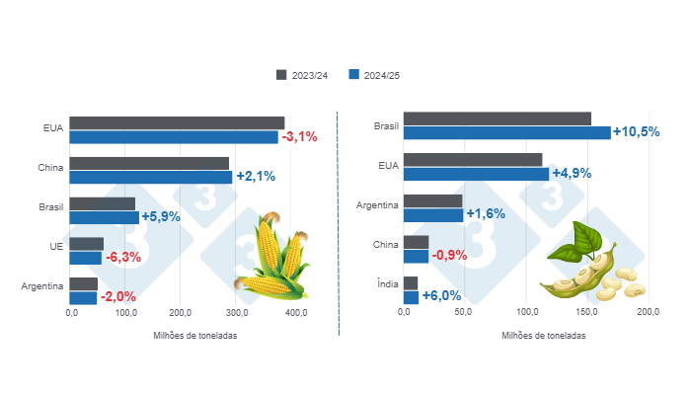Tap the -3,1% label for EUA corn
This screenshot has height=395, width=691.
(299, 136)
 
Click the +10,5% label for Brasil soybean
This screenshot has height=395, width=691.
(636, 131)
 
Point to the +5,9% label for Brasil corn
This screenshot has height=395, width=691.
(161, 217)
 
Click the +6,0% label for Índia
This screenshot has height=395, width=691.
(441, 296)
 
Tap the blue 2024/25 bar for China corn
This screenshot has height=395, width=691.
(151, 177)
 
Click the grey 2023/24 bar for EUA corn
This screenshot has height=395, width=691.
(177, 122)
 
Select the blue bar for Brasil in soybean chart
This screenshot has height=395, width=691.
(507, 132)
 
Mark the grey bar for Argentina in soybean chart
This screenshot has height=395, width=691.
(433, 200)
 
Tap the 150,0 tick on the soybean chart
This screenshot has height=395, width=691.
(586, 313)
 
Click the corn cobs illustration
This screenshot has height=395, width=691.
(271, 260)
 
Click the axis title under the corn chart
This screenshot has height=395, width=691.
(195, 335)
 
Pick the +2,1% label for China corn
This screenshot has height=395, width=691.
(256, 177)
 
